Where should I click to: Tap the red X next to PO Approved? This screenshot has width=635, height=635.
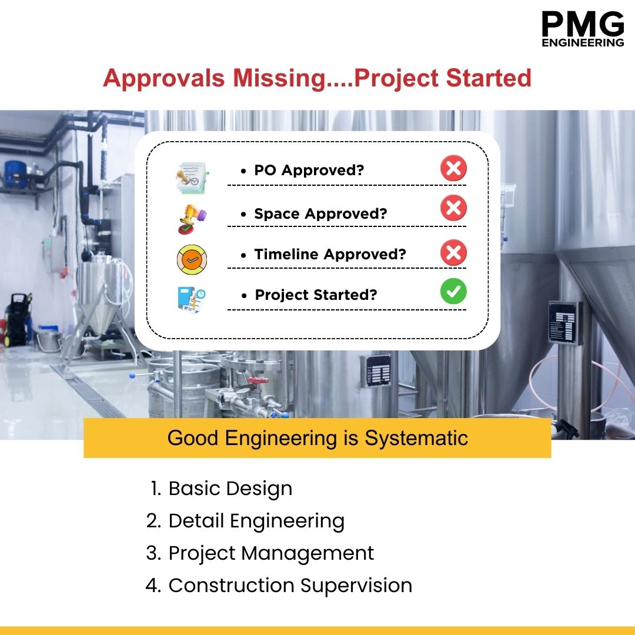pos(453,169)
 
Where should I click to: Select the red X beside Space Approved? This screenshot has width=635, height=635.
pos(453,208)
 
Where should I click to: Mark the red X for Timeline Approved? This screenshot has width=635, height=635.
pos(453,253)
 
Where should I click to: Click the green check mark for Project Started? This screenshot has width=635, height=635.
pos(453,292)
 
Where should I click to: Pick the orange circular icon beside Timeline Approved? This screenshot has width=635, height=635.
pos(192,259)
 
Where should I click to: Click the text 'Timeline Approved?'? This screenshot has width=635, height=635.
pos(330,255)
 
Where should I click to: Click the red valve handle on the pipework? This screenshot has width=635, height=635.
pos(258,381)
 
